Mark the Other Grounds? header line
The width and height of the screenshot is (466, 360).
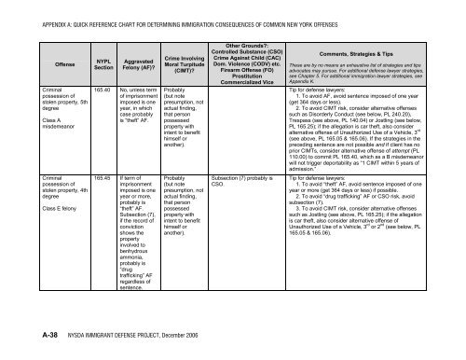pos(249,18)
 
